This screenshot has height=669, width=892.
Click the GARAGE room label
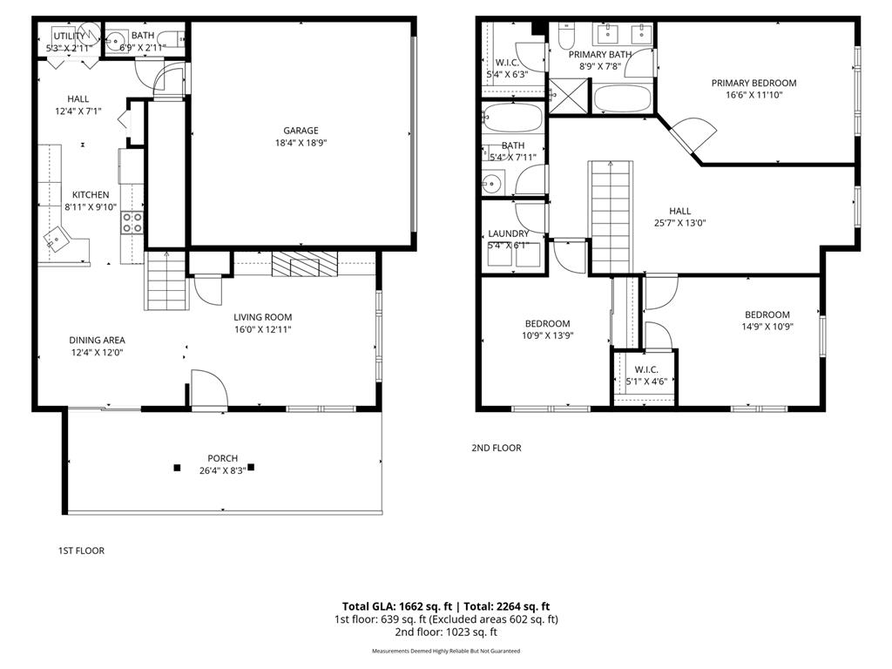tap(300, 131)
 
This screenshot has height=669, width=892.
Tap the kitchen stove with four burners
tap(132, 222)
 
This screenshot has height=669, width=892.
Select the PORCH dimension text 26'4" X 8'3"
tap(222, 470)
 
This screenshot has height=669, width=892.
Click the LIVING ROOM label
tap(262, 317)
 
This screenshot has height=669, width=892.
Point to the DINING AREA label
tap(98, 341)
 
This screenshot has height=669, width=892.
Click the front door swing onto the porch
tap(208, 388)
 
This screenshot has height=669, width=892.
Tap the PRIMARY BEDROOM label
tap(753, 84)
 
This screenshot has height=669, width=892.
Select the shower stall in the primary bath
tap(569, 97)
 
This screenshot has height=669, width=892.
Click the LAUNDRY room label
tap(508, 233)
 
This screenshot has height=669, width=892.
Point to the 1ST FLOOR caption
tap(81, 551)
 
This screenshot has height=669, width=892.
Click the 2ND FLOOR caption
tap(497, 448)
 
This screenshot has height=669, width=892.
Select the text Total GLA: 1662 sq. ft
tap(395, 606)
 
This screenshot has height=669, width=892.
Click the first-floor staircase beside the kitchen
tap(166, 280)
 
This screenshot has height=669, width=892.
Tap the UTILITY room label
tap(67, 36)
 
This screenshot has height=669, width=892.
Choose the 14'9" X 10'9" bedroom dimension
tap(767, 327)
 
